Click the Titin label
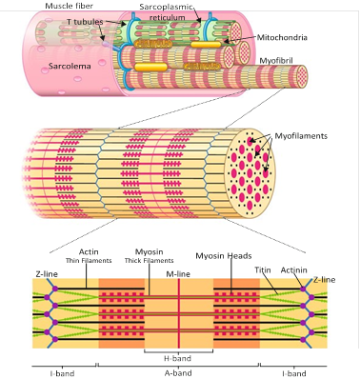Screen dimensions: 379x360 point(263,270)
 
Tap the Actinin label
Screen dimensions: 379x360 point(293,270)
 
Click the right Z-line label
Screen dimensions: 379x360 point(324,279)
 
